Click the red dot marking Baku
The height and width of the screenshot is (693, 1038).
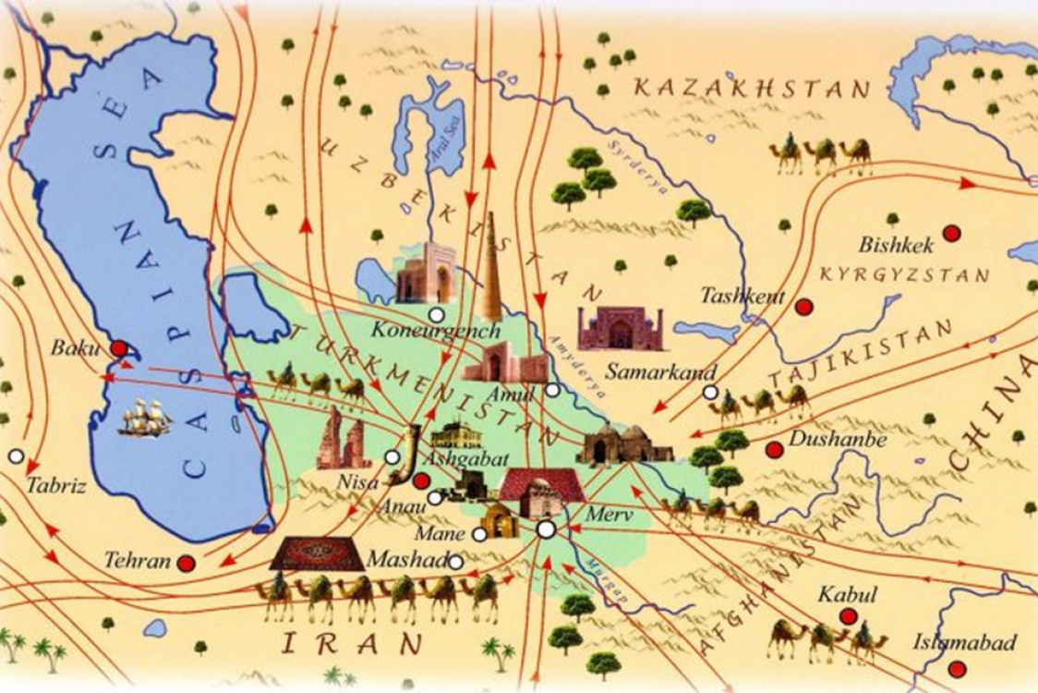(x=118, y=348)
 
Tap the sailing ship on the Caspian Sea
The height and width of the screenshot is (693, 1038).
(x=146, y=418)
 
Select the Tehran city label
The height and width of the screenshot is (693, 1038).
(x=138, y=561)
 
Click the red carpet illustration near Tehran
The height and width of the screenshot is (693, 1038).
(x=317, y=553)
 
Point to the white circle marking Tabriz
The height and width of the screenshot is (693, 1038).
(x=15, y=456)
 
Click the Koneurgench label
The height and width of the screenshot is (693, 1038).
(x=436, y=330)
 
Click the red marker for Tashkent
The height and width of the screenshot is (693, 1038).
(x=803, y=306)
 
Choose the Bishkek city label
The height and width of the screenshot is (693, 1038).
(x=896, y=246)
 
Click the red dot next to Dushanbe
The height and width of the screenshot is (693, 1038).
(x=774, y=450)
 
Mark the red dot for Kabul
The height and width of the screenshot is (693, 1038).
(x=847, y=616)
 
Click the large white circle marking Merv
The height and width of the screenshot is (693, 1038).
(x=546, y=529)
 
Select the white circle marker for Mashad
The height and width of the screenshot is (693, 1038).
(x=455, y=560)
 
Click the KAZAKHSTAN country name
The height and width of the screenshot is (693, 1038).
(x=752, y=88)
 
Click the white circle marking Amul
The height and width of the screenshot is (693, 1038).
(x=552, y=390)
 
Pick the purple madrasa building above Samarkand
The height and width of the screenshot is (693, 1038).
(x=620, y=328)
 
